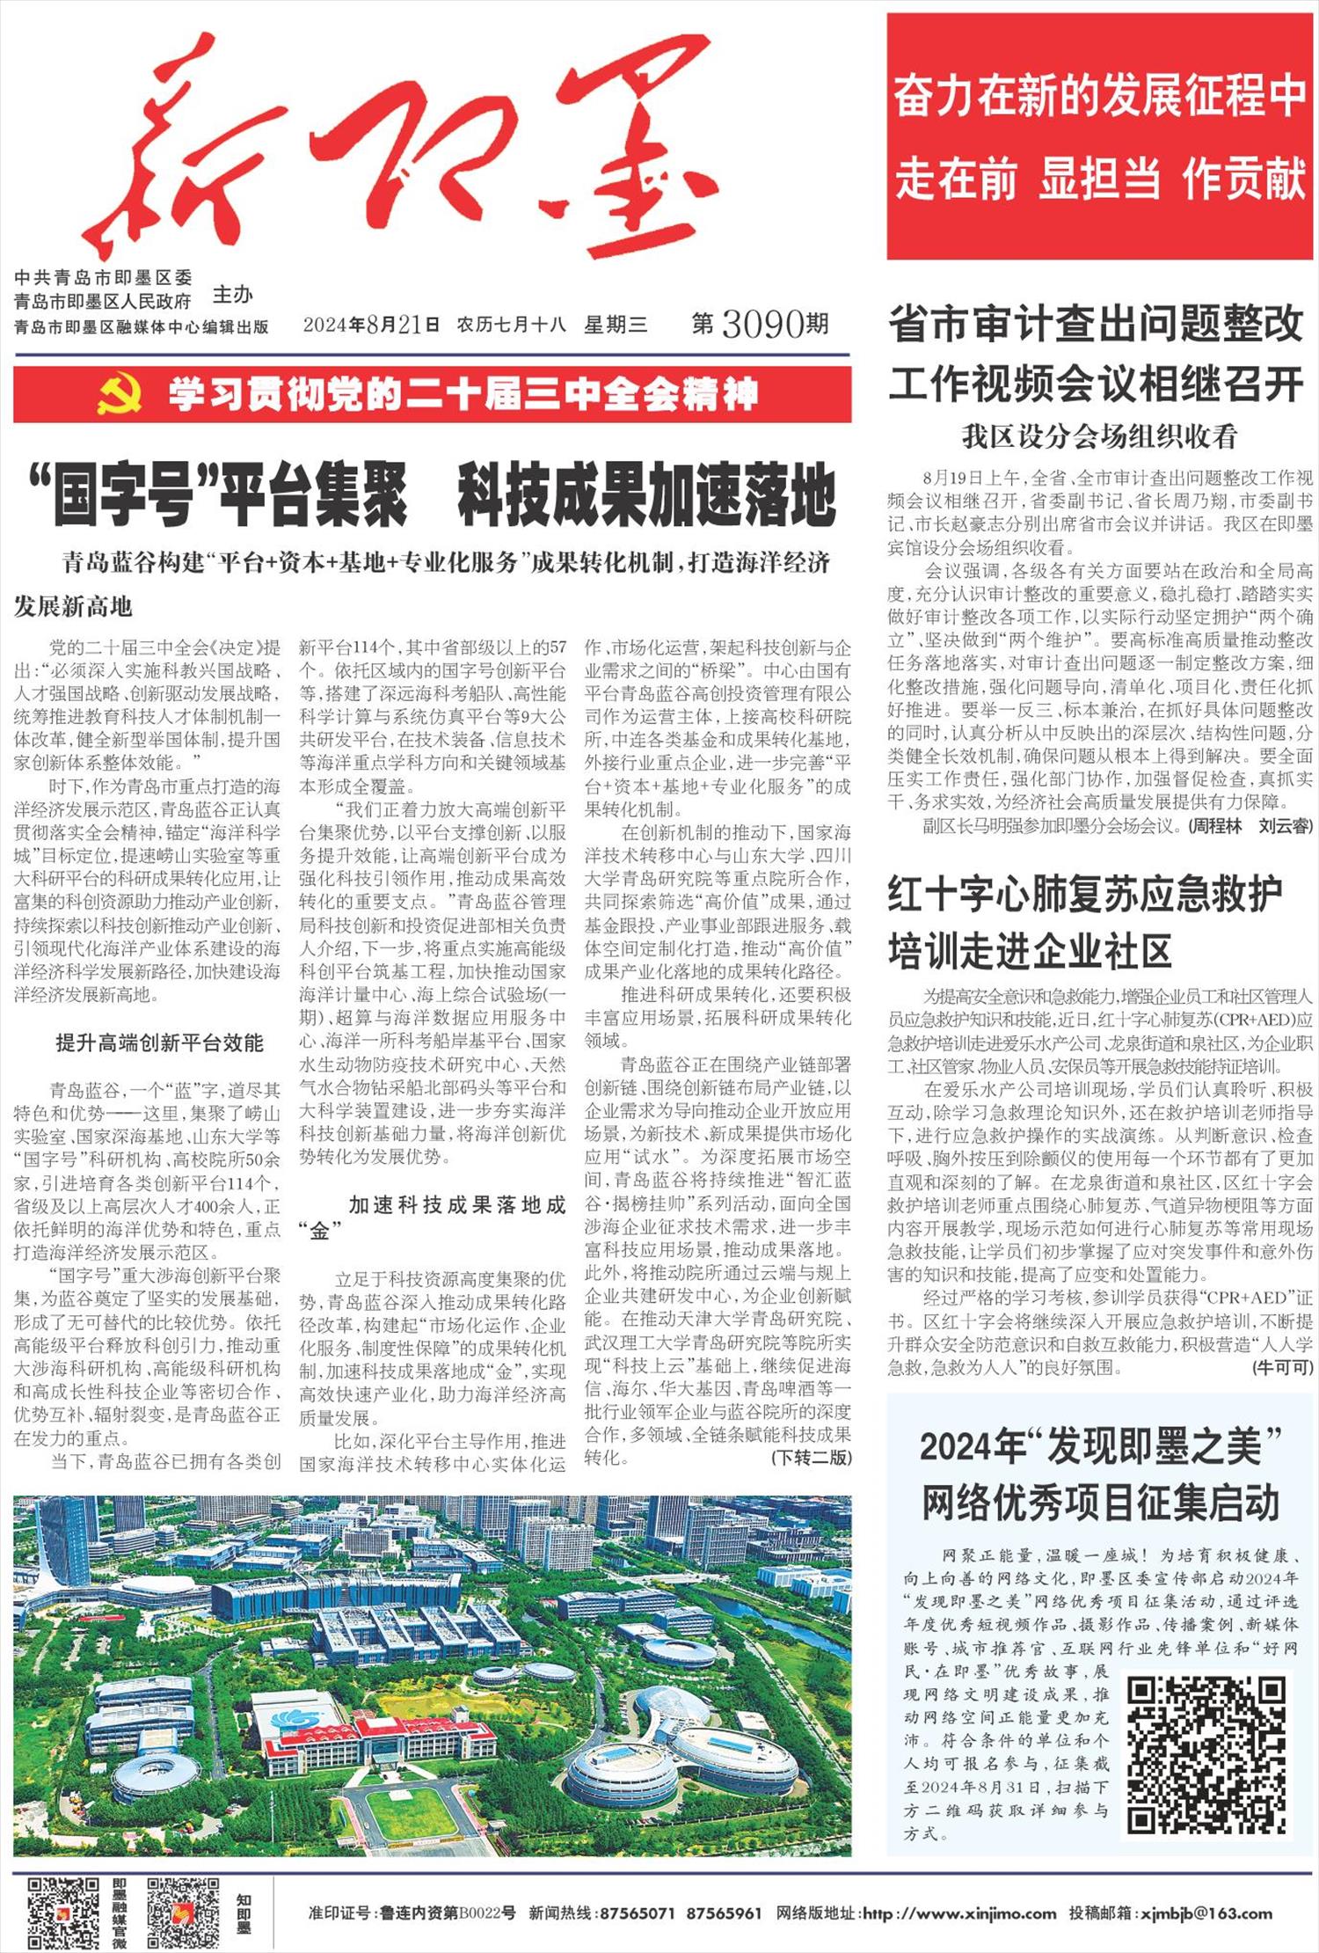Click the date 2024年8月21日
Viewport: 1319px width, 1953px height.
point(371,325)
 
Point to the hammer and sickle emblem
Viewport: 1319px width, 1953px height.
point(120,395)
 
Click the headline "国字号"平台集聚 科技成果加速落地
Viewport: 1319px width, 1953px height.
point(432,497)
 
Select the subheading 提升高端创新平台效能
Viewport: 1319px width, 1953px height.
point(159,1043)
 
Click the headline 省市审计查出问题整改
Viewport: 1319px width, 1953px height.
point(1096,325)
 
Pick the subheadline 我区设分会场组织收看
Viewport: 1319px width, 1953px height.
point(1099,436)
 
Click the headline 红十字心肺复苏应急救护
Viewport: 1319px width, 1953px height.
point(1084,894)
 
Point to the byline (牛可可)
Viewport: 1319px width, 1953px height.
point(1283,1368)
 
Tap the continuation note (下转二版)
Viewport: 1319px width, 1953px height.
point(811,1458)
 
